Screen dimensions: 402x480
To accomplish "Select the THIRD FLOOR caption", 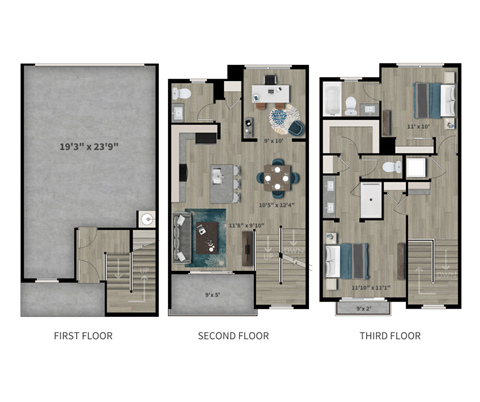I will [x=390, y=336].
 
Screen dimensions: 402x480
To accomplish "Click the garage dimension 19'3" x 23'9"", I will [x=88, y=147].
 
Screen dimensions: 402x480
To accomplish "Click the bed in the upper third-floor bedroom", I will [x=435, y=100].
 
